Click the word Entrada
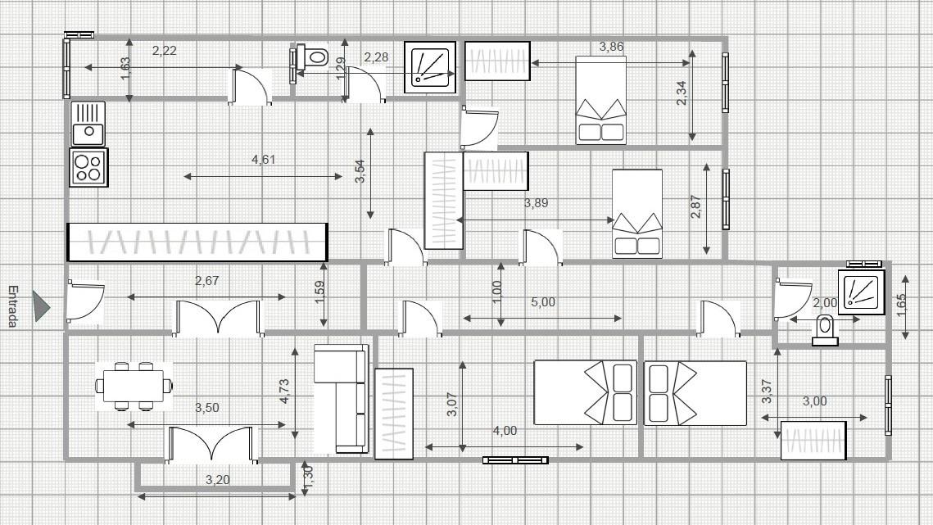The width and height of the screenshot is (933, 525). click(13, 306)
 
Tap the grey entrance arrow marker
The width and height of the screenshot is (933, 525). click(40, 306)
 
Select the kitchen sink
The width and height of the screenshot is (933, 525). click(88, 124)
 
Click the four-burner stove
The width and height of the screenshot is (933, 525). click(88, 167)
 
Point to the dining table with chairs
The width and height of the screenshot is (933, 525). click(134, 387)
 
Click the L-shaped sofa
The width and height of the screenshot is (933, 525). click(341, 398)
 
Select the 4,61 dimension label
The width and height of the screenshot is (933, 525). click(264, 160)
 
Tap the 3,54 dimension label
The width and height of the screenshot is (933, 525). click(360, 171)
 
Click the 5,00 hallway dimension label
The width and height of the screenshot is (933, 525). click(542, 301)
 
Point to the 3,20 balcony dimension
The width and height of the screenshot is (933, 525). click(217, 480)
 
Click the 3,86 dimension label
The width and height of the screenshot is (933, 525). click(611, 47)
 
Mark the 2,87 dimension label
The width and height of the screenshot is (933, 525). click(695, 206)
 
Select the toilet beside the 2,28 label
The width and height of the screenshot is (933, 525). click(313, 57)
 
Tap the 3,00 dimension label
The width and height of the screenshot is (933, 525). click(814, 401)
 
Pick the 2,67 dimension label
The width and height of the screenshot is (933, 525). click(206, 280)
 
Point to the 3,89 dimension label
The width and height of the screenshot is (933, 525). click(536, 203)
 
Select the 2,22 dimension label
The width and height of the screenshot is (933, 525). click(164, 51)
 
